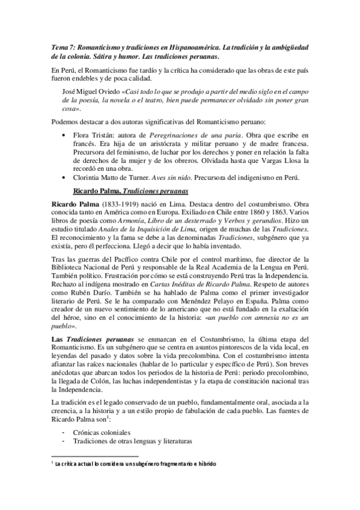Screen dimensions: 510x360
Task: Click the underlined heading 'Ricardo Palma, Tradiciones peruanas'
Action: (130, 208)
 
